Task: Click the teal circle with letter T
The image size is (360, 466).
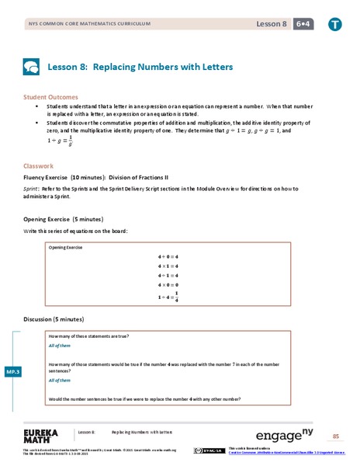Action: [334, 24]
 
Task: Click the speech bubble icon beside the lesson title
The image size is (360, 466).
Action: [32, 67]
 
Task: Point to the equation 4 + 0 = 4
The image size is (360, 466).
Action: [168, 256]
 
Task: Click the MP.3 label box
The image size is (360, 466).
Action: [14, 372]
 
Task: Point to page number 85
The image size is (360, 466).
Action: [335, 436]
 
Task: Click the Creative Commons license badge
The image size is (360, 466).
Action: [209, 450]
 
